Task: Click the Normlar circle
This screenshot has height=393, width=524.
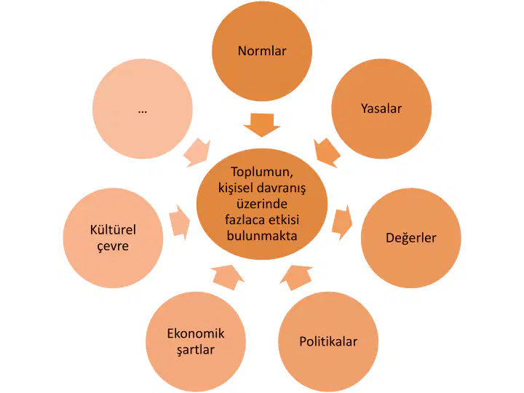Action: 262,51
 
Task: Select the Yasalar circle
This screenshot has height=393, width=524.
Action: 381,108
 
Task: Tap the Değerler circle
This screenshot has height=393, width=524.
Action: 411,238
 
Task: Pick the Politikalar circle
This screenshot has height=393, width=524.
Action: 328,341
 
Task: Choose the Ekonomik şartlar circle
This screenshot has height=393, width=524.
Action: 196,341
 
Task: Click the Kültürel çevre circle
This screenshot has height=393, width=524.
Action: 113,238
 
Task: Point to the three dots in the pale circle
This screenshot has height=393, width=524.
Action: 143,111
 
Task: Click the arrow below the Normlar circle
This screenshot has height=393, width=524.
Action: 262,125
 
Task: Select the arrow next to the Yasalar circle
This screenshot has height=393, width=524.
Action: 327,152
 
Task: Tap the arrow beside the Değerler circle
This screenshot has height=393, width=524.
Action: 342,222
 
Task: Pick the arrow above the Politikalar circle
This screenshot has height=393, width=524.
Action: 296,278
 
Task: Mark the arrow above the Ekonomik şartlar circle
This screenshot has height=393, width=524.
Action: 228,277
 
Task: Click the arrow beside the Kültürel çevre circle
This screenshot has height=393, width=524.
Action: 180,222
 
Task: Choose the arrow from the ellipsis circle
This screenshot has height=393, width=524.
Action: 197,153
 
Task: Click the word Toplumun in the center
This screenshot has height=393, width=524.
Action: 262,172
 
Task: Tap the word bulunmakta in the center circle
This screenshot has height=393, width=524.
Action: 262,236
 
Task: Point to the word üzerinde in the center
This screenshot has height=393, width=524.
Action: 262,204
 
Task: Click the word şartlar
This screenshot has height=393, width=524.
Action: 196,350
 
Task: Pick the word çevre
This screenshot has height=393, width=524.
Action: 113,246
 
